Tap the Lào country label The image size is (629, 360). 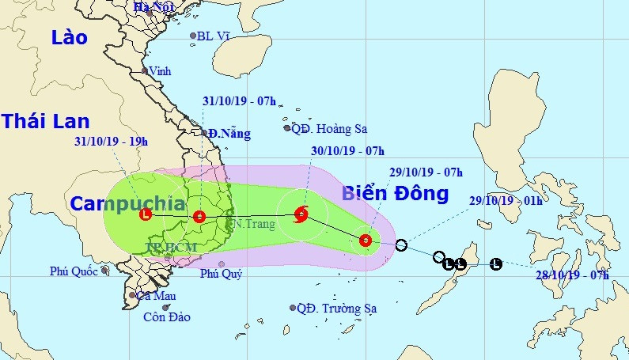68,36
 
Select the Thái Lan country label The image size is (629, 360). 45,121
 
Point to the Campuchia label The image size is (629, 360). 127,203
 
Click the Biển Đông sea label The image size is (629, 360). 395,193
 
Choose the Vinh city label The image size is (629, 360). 161,71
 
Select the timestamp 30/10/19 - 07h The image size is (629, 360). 348,151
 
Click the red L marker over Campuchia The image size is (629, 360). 145,214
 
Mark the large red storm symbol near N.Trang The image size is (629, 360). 301,214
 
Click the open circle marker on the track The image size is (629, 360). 401,245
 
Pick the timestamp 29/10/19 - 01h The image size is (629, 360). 506,200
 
